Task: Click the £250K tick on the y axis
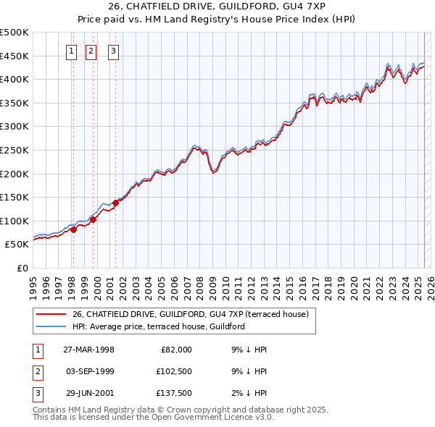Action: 14,150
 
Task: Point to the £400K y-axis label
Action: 14,79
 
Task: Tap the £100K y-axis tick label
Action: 14,221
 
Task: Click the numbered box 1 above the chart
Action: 72,51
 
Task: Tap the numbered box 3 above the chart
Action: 115,51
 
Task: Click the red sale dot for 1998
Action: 74,229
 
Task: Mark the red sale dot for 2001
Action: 116,203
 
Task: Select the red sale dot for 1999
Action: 93,219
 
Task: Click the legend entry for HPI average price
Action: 158,326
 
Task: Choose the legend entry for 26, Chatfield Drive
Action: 191,314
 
